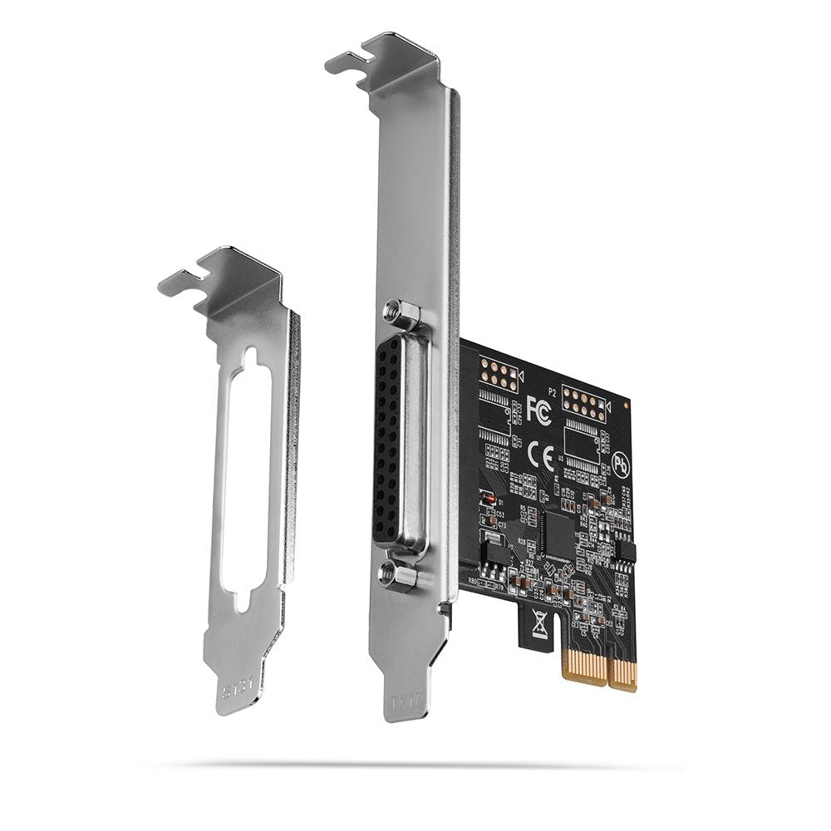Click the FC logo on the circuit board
click(x=538, y=409)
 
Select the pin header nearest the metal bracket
click(x=499, y=376)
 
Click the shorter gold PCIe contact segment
click(x=623, y=673)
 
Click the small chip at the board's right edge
click(x=627, y=549)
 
